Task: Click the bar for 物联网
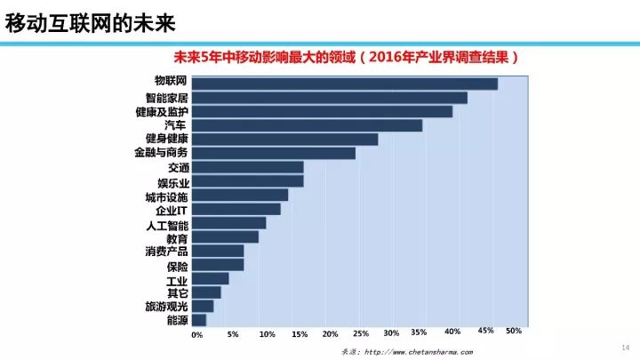[x=344, y=84]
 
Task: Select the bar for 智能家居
[x=329, y=97]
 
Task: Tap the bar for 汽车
[x=307, y=125]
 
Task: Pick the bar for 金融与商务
[x=273, y=153]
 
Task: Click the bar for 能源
[x=198, y=320]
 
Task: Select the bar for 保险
[x=218, y=265]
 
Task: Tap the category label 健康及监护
[x=161, y=112]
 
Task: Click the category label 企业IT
[x=171, y=210]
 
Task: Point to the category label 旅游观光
[x=166, y=307]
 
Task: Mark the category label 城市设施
[x=166, y=196]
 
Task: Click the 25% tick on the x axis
[x=361, y=334]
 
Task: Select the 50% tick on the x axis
[x=514, y=331]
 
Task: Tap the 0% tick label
[x=197, y=336]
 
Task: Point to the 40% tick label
[x=452, y=332]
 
